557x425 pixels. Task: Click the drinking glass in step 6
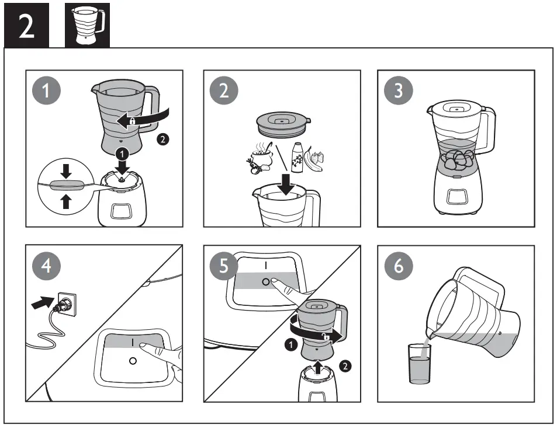tap(418, 363)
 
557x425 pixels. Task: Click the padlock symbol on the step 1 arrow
tap(133, 121)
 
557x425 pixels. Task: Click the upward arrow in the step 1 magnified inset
tap(66, 200)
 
